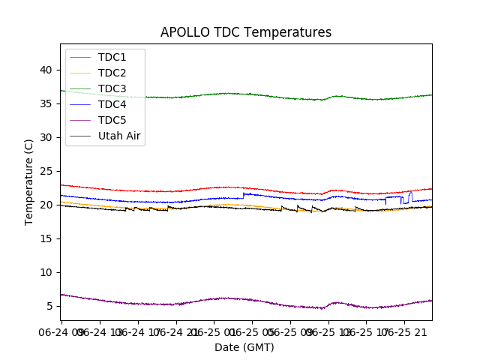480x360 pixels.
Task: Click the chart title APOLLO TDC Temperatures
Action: coord(246,32)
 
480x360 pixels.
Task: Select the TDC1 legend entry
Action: coord(112,57)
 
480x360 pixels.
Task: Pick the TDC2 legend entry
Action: coord(112,73)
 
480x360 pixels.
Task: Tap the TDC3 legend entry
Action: coord(112,88)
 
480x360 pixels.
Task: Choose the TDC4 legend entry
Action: coord(112,104)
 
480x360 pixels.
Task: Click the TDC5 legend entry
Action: coord(112,120)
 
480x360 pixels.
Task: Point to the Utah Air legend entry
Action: coord(119,136)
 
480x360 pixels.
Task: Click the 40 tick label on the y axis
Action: coord(46,70)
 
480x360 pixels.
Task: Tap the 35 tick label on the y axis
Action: coord(46,103)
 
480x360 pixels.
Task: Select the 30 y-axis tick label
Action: coord(46,137)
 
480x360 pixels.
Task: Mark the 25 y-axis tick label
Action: coord(46,171)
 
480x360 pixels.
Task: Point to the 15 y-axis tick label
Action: coord(46,238)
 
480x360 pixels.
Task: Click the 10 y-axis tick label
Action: coord(46,272)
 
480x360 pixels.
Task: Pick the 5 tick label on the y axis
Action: coord(49,306)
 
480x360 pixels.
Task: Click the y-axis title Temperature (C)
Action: coord(28,181)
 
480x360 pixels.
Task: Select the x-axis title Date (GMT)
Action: coord(244,347)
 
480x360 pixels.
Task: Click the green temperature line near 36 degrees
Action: coord(225,94)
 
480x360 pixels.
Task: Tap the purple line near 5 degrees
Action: coord(225,298)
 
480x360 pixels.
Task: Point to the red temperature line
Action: coord(225,187)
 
